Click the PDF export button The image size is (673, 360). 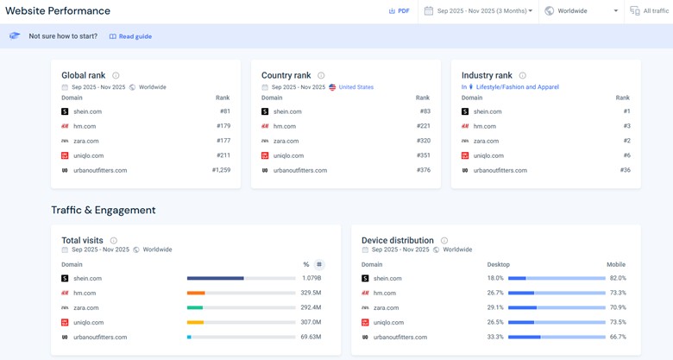tap(399, 11)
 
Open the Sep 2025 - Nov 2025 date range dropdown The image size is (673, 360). tap(479, 11)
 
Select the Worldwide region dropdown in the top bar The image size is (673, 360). tap(582, 11)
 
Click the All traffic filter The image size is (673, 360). tap(649, 11)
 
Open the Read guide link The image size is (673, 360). tap(130, 36)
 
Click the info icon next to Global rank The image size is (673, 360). tap(116, 76)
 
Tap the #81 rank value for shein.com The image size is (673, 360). tap(224, 111)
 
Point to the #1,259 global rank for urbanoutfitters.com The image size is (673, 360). tap(221, 170)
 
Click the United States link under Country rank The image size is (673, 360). tap(355, 87)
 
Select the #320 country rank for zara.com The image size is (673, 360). tap(423, 141)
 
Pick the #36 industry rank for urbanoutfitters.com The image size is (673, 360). tap(625, 170)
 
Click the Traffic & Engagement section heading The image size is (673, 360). tap(103, 210)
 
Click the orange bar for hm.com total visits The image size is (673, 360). tap(196, 294)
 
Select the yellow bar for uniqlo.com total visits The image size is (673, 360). tap(195, 323)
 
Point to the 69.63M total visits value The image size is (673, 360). tap(310, 338)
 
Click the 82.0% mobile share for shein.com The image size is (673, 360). tap(618, 279)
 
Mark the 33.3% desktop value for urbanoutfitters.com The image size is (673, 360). tap(495, 338)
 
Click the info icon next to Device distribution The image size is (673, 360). tap(444, 241)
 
